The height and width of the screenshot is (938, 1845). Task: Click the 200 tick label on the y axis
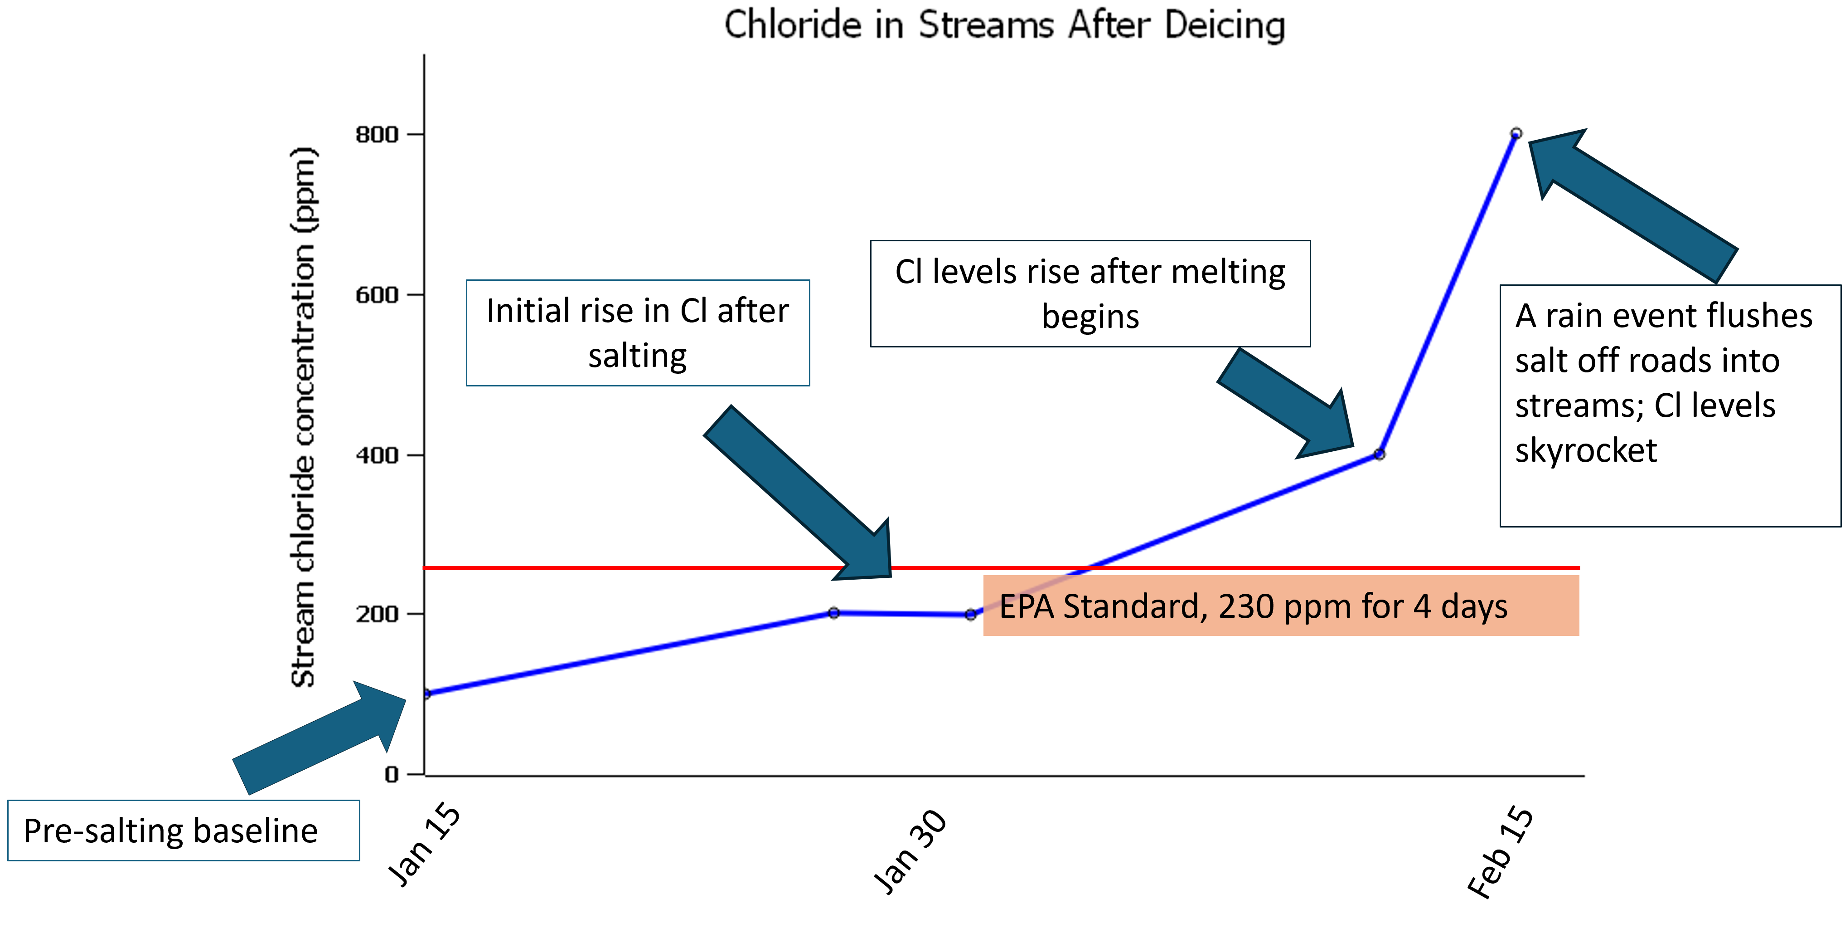click(377, 614)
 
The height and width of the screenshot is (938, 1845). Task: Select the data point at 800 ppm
click(1516, 133)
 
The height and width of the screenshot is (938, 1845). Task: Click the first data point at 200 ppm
click(834, 613)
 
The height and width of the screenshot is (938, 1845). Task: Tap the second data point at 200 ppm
click(970, 615)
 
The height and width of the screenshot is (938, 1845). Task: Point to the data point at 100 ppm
click(427, 694)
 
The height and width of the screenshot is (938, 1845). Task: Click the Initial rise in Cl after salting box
click(638, 333)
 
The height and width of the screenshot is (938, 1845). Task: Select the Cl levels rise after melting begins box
click(1090, 294)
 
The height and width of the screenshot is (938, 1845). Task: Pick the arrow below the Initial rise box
click(802, 494)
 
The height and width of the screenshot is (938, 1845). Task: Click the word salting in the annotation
click(638, 356)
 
